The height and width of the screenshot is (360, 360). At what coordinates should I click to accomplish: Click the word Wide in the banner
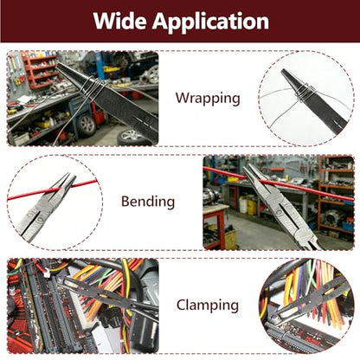[x=120, y=21]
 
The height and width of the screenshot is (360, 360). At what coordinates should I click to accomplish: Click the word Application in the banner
[x=211, y=22]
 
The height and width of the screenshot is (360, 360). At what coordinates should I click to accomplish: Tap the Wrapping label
[x=208, y=99]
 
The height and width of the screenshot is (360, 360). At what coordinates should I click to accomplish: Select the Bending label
[x=148, y=202]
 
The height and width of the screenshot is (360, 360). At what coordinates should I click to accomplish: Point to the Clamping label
[x=208, y=305]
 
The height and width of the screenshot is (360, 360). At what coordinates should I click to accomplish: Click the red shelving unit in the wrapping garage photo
[x=41, y=72]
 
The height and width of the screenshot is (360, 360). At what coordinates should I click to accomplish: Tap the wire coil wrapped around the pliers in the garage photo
[x=93, y=88]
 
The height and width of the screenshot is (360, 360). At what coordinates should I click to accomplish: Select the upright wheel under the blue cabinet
[x=86, y=125]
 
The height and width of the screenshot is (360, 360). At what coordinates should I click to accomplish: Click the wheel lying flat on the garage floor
[x=133, y=138]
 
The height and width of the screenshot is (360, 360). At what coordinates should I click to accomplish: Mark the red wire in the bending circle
[x=53, y=190]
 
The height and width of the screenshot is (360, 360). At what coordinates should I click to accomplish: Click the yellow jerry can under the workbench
[x=252, y=207]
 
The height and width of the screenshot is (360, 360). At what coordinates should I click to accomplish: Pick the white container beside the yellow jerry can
[x=243, y=204]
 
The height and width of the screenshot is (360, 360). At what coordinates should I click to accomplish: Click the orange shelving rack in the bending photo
[x=336, y=196]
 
